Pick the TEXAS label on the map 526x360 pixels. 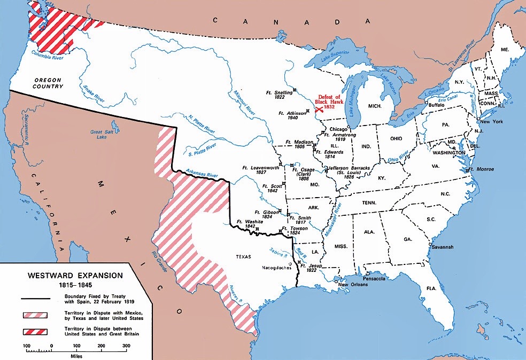point(243,256)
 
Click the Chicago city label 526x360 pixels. point(339,129)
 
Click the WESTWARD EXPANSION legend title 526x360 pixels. point(75,276)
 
